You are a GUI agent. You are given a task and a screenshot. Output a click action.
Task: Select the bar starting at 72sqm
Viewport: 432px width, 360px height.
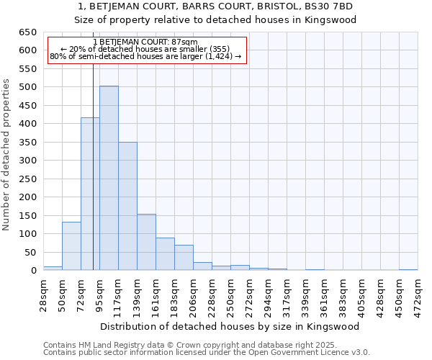coord(90,194)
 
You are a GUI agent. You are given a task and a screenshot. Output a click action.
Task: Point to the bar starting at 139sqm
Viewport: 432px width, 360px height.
coord(146,242)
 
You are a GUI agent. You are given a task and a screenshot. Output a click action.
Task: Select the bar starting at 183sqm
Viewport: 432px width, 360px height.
coord(184,258)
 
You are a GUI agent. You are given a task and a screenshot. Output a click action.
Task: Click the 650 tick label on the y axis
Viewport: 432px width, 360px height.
coord(27,32)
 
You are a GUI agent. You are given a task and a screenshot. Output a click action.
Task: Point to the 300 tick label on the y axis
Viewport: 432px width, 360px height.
coord(27,161)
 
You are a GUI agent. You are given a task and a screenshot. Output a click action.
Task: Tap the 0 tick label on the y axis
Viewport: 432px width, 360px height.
coord(33,271)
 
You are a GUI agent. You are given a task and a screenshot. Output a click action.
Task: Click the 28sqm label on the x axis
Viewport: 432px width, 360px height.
coord(43,294)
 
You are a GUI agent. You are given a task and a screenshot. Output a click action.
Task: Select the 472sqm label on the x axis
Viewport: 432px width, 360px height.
coord(418,294)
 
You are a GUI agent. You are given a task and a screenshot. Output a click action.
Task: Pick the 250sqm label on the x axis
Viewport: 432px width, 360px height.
coord(230,294)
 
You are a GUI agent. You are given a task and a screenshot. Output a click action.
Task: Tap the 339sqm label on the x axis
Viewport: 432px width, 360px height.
coord(305,294)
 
